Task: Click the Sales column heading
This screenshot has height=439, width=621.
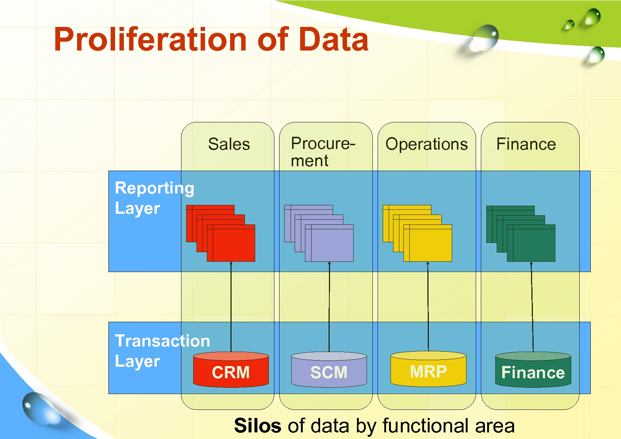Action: click(229, 144)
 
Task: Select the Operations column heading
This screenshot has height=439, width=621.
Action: click(426, 144)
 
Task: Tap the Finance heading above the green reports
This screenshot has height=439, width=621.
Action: click(526, 144)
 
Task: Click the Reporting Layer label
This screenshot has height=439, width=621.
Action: click(154, 198)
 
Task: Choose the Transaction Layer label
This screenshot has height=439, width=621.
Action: click(162, 351)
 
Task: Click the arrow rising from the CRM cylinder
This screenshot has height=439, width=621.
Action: click(231, 306)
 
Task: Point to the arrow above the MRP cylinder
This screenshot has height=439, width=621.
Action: click(428, 306)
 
